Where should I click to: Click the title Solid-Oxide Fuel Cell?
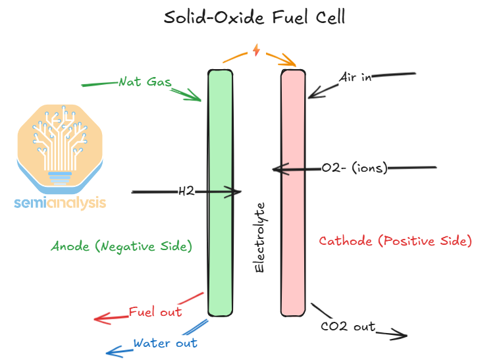[254, 17]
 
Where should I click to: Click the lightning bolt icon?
[257, 51]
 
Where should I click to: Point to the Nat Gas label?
[145, 83]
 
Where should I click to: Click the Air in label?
[356, 78]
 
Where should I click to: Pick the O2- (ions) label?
[354, 168]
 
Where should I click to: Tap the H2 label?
[186, 192]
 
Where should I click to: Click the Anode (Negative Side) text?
[122, 246]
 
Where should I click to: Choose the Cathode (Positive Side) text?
[395, 242]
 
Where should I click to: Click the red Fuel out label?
[155, 312]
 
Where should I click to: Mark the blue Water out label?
[165, 343]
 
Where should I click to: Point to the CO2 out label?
[348, 326]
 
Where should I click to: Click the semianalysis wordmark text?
[60, 203]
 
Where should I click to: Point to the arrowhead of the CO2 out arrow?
[403, 336]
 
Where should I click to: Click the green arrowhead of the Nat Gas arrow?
[198, 98]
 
